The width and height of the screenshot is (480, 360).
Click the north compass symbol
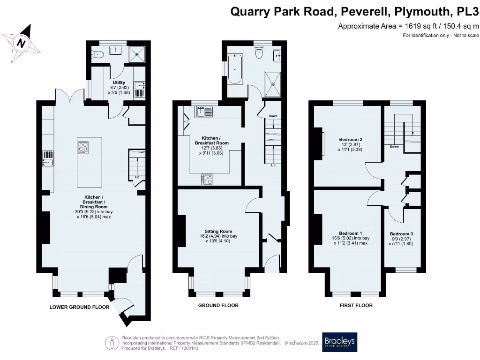pos(21,43)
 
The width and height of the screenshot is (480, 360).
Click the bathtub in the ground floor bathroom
pos(234,69)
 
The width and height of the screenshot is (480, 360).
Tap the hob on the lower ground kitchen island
pos(83,148)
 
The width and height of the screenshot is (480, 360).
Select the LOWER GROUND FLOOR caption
pos(79,307)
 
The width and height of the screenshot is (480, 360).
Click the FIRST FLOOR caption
pos(356,305)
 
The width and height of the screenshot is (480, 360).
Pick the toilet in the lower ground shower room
pos(97,54)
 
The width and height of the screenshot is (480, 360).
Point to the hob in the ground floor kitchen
pos(207,179)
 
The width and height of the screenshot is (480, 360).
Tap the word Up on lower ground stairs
pos(137,177)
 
